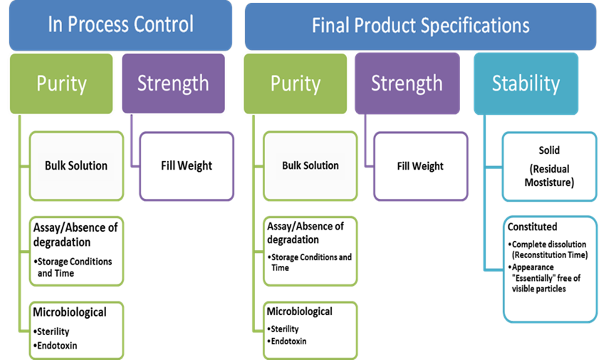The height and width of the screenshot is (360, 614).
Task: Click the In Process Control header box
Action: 120,26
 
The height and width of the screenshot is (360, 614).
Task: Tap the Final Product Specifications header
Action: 420,26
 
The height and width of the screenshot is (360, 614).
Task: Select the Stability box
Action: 526,84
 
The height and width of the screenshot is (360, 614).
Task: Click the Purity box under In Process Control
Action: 61,84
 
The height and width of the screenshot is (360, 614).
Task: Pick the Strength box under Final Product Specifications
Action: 407,83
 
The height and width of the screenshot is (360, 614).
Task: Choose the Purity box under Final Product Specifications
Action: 296,84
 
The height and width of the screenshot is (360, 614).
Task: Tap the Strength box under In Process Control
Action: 174,83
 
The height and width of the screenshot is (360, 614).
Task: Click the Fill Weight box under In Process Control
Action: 187,166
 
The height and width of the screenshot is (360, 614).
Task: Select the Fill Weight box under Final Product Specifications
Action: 420,167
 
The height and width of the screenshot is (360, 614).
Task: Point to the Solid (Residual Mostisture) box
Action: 549,167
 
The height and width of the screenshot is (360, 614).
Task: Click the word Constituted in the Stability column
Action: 532,227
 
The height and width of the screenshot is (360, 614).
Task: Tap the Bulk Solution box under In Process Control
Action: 76,166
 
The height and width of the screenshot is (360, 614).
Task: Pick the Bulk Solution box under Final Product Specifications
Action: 311,166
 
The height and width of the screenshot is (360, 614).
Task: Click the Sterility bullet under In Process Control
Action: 51,331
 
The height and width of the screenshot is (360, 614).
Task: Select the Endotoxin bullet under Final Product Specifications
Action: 287,341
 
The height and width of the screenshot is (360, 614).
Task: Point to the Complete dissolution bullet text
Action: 548,250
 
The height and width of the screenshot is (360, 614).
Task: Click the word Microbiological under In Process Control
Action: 70,312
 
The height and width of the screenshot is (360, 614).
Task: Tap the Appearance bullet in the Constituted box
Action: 544,278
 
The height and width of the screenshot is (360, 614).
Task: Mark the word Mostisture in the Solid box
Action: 549,182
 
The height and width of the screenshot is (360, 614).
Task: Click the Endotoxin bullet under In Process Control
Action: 56,346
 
